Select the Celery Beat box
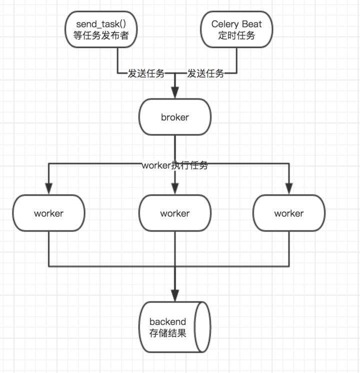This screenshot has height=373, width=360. (x=236, y=30)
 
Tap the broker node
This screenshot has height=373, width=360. (x=175, y=118)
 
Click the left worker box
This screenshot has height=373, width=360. (x=49, y=213)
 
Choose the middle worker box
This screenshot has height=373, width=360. (x=175, y=213)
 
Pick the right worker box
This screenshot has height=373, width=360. (x=288, y=213)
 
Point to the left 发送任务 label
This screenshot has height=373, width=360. (x=146, y=74)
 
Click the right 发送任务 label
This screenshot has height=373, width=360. (x=205, y=74)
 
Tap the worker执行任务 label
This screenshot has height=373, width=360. (x=174, y=166)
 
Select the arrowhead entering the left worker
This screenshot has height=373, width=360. (x=49, y=189)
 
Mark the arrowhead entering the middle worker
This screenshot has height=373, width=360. (x=175, y=189)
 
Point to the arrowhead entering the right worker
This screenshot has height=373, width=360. (x=289, y=189)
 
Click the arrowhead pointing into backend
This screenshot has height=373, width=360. (x=175, y=296)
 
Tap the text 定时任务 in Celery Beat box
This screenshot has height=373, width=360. (x=236, y=35)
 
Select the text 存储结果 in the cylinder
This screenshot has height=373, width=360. (x=167, y=333)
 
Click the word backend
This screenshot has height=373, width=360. (x=167, y=321)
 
